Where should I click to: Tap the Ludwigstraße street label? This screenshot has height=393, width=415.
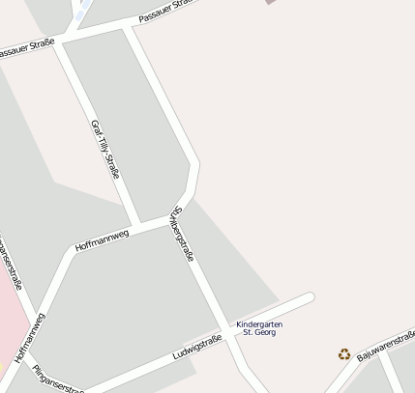197,347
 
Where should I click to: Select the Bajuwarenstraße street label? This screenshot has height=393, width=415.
386,345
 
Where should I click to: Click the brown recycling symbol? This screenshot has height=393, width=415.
344,354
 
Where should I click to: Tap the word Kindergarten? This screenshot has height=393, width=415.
259,324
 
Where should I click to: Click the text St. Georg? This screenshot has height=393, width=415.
259,333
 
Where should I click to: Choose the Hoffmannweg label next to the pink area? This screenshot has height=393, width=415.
30,337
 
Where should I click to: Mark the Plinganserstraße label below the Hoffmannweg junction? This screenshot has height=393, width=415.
58,379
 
